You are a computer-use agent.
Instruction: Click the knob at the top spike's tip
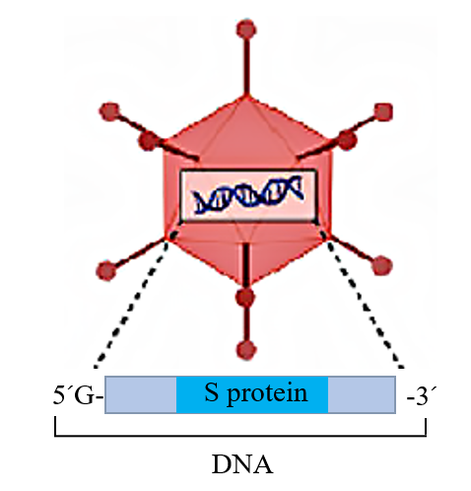point(246,29)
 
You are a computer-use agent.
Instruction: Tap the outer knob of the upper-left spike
point(109,111)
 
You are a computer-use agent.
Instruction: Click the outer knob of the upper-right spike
point(383,111)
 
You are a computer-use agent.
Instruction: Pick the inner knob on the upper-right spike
point(346,140)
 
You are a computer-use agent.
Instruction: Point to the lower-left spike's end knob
point(106,270)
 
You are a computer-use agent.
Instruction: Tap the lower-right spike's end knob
point(382,265)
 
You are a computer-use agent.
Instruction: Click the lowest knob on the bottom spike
point(246,350)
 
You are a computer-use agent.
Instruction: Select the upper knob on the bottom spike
point(245,297)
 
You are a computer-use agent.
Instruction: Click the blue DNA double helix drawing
point(248,195)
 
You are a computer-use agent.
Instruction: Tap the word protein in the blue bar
point(267,393)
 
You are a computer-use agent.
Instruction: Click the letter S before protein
point(212,392)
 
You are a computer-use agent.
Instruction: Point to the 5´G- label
point(78,395)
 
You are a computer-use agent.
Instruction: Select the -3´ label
point(422,396)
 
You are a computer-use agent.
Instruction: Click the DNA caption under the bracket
point(242,464)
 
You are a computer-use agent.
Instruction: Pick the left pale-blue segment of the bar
point(141,394)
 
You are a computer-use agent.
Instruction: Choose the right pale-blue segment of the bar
point(362,394)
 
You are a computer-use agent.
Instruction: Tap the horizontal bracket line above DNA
point(240,436)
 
